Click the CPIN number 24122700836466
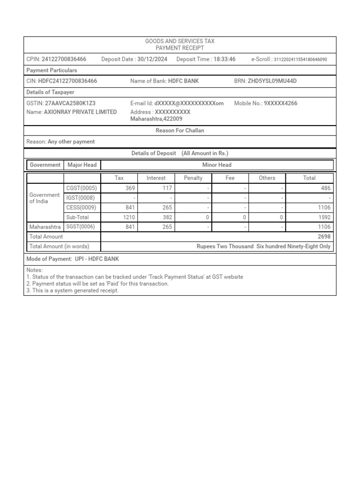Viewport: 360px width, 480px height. tap(64, 60)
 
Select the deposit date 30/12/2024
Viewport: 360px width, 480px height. tap(153, 60)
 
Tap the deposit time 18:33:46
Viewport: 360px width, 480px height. tap(225, 60)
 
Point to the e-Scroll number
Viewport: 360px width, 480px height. tap(300, 60)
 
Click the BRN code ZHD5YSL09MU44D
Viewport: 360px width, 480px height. tap(272, 81)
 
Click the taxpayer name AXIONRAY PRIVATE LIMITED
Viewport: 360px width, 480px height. tap(80, 112)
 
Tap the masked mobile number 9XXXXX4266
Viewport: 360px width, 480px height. tap(280, 103)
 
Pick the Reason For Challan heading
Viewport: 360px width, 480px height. tap(180, 131)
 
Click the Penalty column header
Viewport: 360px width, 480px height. tap(193, 178)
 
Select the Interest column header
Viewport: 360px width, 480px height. tap(156, 178)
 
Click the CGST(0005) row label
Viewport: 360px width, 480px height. tap(82, 188)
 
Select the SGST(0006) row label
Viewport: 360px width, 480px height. tap(82, 227)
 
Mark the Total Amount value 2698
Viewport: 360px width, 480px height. tap(324, 237)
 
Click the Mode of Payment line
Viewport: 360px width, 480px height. tap(73, 259)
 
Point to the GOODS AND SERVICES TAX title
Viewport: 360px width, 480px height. tap(180, 42)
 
